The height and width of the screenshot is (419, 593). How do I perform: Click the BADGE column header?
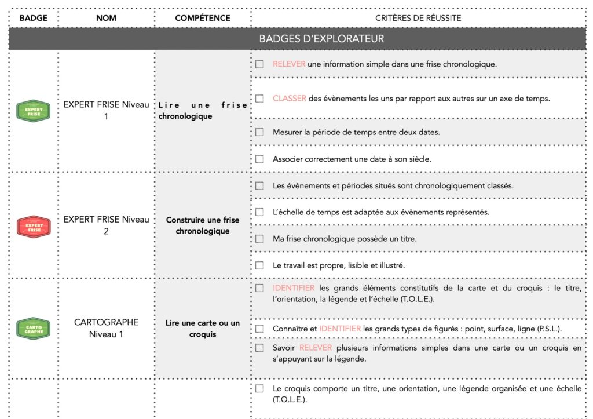(x=33, y=18)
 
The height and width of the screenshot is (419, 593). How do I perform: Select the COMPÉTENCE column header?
(x=202, y=18)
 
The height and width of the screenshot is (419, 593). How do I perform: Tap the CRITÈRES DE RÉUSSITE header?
(x=418, y=18)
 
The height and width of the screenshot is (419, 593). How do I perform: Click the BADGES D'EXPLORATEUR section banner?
(x=321, y=39)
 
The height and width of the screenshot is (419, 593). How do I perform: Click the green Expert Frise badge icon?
(x=34, y=111)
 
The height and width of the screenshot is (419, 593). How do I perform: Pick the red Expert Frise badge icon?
(x=34, y=226)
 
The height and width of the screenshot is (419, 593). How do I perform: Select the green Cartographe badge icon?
(x=34, y=329)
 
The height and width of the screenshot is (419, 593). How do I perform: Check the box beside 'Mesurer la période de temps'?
(x=260, y=132)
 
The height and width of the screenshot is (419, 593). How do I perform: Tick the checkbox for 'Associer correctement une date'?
(x=260, y=159)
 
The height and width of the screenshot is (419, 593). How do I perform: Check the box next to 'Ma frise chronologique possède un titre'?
(x=260, y=239)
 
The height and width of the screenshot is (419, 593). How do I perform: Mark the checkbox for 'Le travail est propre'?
(x=260, y=265)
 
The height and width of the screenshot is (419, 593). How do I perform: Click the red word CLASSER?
(x=290, y=99)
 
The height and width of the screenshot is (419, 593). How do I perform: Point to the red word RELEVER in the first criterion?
(x=289, y=64)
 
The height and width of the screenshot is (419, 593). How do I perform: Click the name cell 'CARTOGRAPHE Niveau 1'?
(x=107, y=328)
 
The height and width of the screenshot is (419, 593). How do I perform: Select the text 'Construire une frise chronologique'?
(x=202, y=225)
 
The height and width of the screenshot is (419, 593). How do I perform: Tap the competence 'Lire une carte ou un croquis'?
(x=202, y=329)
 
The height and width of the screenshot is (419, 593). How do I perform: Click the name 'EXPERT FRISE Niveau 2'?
(x=107, y=225)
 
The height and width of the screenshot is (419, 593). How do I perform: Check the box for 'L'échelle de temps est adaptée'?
(x=260, y=212)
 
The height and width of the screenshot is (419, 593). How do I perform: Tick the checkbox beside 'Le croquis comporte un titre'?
(x=260, y=388)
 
